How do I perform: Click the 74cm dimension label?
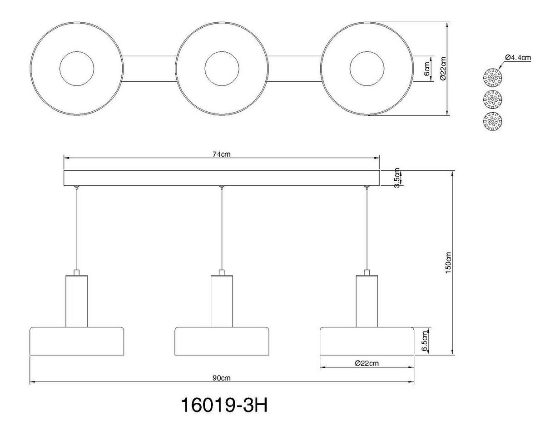pyautogui.click(x=222, y=154)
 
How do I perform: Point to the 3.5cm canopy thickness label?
pyautogui.click(x=397, y=178)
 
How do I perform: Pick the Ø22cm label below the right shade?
pyautogui.click(x=367, y=363)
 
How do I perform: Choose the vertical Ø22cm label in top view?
pyautogui.click(x=444, y=69)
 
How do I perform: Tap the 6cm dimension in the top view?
pyautogui.click(x=426, y=69)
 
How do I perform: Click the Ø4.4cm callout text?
pyautogui.click(x=518, y=58)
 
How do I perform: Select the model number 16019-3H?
pyautogui.click(x=224, y=406)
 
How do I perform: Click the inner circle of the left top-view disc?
pyautogui.click(x=77, y=69)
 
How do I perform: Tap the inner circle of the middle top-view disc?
pyautogui.click(x=222, y=69)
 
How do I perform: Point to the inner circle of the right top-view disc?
pyautogui.click(x=367, y=69)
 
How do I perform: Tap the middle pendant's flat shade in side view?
pyautogui.click(x=222, y=341)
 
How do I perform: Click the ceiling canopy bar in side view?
pyautogui.click(x=222, y=178)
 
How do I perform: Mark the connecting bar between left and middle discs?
pyautogui.click(x=149, y=69)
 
